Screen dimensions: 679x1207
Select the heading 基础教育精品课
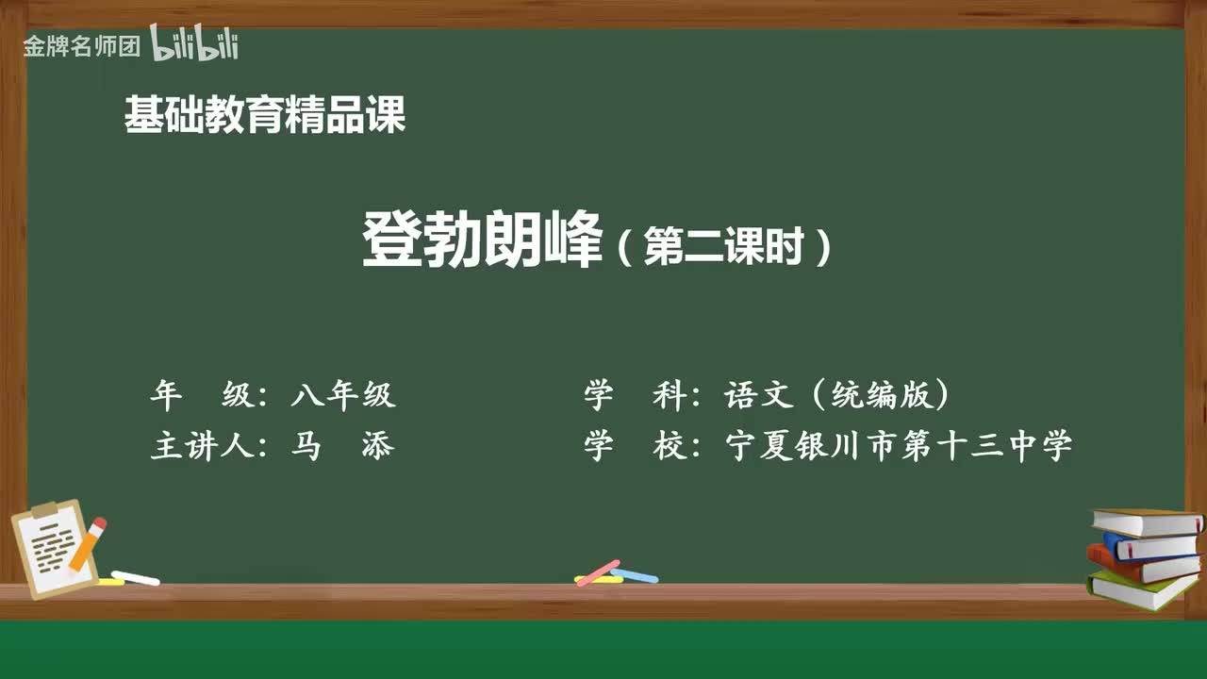pyautogui.click(x=265, y=116)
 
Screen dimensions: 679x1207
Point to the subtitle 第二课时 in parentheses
pyautogui.click(x=723, y=248)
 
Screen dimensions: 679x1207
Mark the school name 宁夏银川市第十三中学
pyautogui.click(x=899, y=446)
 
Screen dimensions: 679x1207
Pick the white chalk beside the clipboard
pyautogui.click(x=135, y=577)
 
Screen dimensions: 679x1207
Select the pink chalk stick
pyautogui.click(x=597, y=572)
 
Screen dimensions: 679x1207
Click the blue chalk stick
pyautogui.click(x=636, y=575)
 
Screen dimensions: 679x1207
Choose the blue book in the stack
pyautogui.click(x=1150, y=546)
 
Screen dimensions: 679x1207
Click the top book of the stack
pyautogui.click(x=1147, y=522)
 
